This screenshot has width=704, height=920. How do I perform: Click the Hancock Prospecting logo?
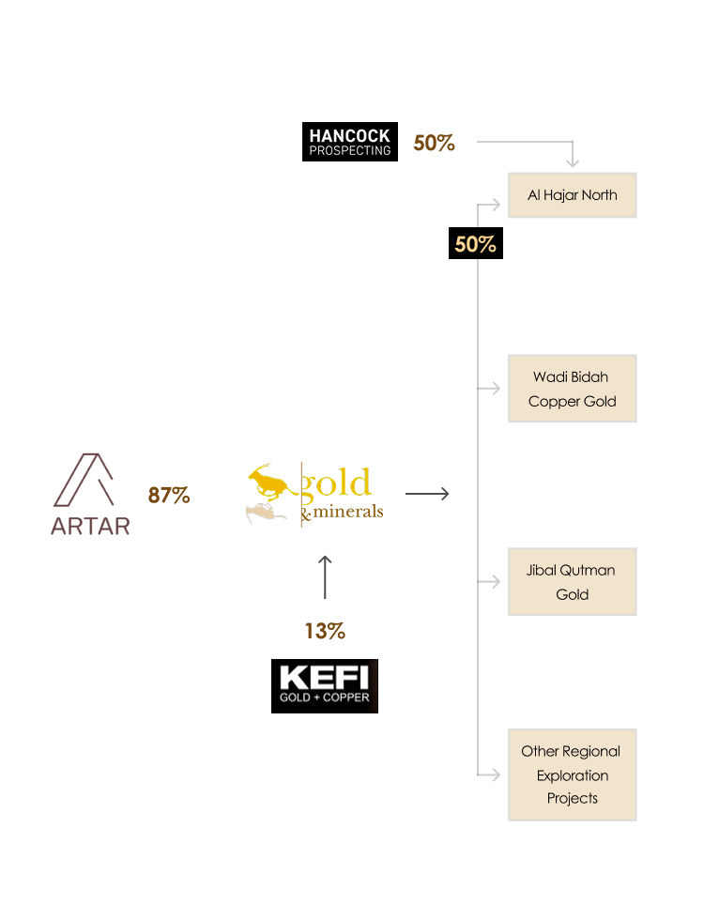coord(349,143)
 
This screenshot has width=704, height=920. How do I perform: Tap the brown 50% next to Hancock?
coord(434,144)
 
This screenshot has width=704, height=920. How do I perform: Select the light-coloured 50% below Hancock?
coord(475,245)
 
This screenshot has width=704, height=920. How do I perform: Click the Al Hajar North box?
coord(573,195)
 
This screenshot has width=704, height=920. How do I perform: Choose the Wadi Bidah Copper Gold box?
coord(573,389)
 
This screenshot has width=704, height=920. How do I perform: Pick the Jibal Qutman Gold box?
coord(573,582)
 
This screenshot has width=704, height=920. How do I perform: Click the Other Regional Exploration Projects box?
coord(573,774)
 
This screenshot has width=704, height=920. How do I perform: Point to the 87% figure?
coord(169,495)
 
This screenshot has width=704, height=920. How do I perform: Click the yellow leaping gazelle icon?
coord(271,483)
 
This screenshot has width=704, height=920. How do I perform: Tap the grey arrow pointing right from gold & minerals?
coord(427,494)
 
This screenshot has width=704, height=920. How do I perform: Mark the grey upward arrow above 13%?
coord(325,576)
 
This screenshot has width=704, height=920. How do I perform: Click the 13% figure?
coord(325,632)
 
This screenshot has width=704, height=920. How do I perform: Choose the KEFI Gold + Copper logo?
coord(325,685)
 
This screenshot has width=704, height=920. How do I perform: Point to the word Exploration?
coord(573,775)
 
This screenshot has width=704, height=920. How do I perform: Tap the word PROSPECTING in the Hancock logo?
coord(349,150)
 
